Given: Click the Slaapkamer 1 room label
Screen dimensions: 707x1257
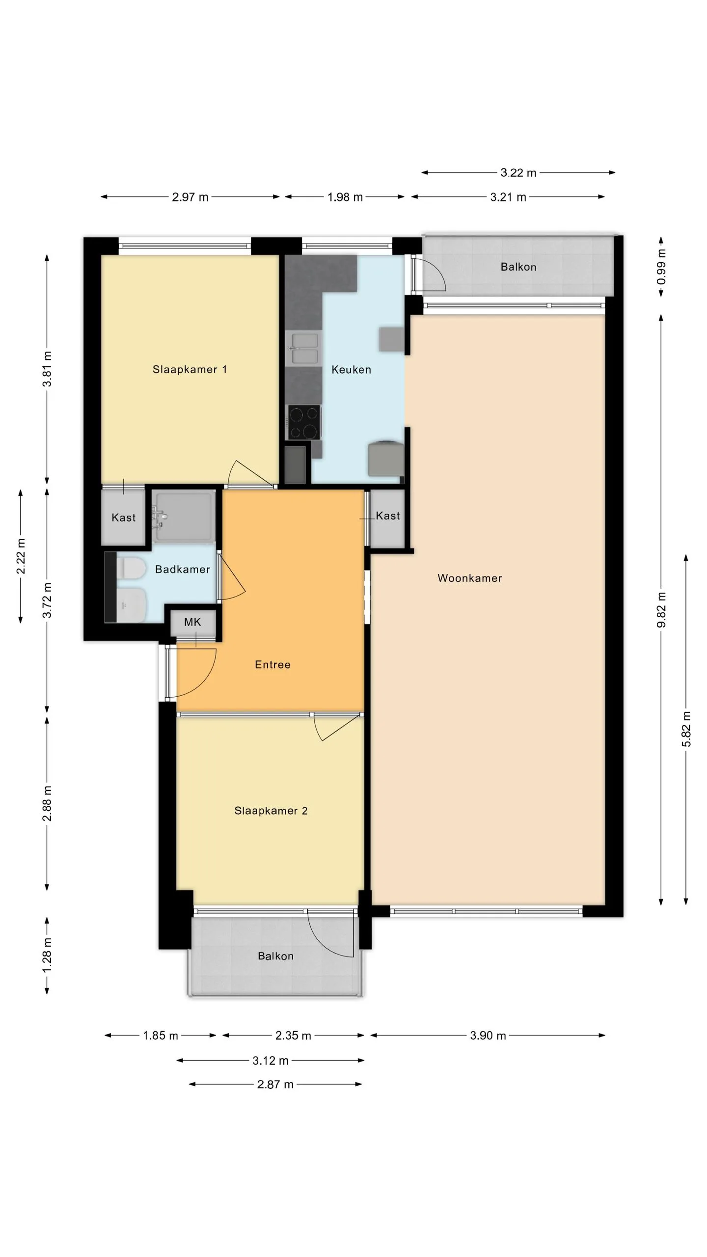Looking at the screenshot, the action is point(190,369).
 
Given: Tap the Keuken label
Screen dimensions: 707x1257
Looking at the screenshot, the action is point(351,369).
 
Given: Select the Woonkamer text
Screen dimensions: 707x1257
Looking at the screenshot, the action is point(470,578).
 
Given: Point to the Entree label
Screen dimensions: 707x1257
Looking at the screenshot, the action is point(272,664).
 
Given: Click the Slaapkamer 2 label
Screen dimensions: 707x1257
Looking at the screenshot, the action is point(271,811).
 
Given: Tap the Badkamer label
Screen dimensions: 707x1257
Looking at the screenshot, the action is point(183,569).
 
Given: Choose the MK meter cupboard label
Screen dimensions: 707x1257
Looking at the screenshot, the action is point(192,622).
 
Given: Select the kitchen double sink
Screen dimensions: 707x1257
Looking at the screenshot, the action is point(303,348).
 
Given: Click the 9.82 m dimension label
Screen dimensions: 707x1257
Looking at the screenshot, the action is point(661,609).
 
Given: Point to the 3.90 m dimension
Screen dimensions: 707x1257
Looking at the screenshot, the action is point(488,1036).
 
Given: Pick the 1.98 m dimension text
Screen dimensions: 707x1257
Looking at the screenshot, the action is point(345,197).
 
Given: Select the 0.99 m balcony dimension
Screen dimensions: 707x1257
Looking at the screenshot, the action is point(661,267).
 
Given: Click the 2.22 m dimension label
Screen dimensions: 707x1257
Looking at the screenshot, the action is point(21,556).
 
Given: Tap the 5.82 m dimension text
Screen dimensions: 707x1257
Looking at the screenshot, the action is point(686,729).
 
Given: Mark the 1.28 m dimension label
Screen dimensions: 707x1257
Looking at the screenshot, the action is point(47,955).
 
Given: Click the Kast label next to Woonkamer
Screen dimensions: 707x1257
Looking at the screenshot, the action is point(388,516).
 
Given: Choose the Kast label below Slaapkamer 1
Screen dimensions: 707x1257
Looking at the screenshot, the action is point(123,517).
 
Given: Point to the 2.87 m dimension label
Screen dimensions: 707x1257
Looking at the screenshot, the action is point(275,1084).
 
